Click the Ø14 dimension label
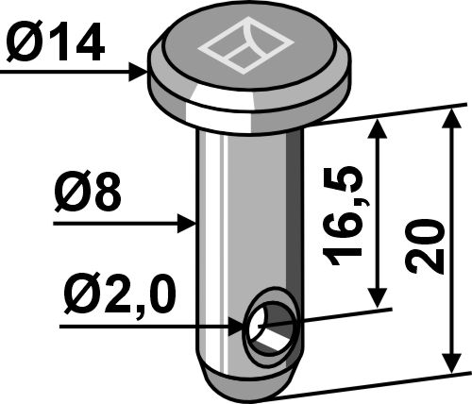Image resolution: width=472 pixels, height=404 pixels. [56, 42]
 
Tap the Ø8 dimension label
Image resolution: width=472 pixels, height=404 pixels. [88, 192]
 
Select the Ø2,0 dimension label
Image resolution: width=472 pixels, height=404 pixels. [119, 296]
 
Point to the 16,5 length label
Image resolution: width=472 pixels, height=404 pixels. [344, 215]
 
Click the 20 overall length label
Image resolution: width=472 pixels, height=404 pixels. [425, 246]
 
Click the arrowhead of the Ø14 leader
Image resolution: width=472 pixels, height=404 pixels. [138, 72]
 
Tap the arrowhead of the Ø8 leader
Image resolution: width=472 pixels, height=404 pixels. [187, 224]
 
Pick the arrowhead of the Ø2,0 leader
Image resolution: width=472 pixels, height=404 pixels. [237, 328]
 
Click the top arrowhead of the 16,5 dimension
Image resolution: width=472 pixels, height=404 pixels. [378, 129]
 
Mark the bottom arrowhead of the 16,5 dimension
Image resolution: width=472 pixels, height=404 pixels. [378, 298]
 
